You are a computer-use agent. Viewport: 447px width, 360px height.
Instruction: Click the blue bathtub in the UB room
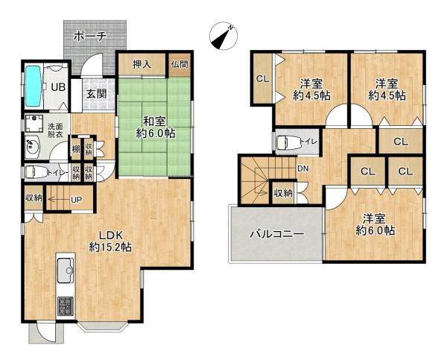(x=34, y=86)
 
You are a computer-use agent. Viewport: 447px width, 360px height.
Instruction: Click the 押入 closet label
(x=142, y=65)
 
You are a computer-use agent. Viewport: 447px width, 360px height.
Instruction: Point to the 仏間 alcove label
(x=180, y=65)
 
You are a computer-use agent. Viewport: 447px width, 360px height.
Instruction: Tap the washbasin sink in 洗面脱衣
(x=33, y=145)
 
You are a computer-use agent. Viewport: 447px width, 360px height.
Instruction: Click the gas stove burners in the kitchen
(x=63, y=304)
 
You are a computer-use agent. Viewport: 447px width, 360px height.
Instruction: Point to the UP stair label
(x=76, y=200)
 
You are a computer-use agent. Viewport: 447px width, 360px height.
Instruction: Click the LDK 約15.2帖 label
(x=110, y=239)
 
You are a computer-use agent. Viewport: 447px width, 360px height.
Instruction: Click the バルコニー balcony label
(x=276, y=234)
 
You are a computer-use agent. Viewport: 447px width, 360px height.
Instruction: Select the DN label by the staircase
(x=303, y=168)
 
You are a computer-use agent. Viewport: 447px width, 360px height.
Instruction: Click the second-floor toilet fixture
(x=288, y=142)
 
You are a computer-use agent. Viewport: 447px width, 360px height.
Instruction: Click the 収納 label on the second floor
(x=283, y=193)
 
